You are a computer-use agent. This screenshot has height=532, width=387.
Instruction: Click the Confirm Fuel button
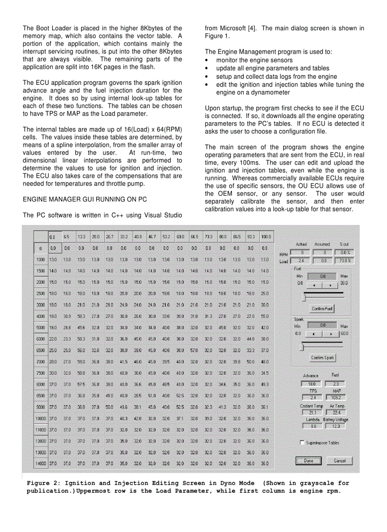click(322, 308)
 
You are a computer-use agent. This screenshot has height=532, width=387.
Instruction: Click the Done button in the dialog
click(309, 460)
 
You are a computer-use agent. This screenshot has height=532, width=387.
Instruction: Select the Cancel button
click(340, 460)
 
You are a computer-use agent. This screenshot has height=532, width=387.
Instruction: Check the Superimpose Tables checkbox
click(302, 442)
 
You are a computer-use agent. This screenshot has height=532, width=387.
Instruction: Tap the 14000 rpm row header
click(41, 463)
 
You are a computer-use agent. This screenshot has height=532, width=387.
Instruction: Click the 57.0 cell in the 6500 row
click(194, 350)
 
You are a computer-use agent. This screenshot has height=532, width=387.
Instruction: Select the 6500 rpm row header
click(41, 350)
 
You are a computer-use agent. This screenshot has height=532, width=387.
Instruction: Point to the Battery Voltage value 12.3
click(336, 426)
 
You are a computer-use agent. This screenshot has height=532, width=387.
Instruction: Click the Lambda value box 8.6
click(312, 426)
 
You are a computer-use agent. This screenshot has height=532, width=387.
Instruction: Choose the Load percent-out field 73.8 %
click(345, 260)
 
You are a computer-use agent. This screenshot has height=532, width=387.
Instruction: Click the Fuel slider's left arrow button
click(313, 286)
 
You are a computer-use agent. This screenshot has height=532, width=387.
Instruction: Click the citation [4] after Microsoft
click(252, 28)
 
